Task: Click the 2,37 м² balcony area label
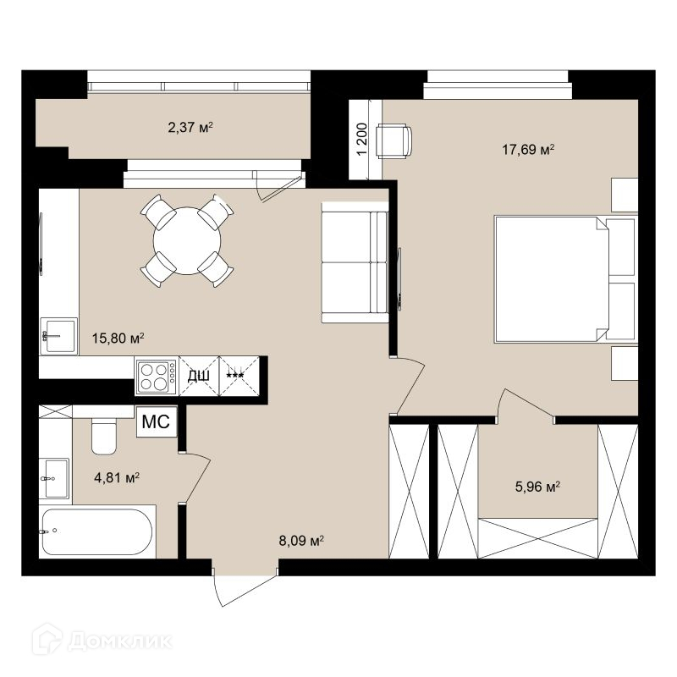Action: [x=190, y=128]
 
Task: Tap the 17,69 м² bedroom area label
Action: [x=528, y=150]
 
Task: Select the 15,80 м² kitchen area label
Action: [x=118, y=338]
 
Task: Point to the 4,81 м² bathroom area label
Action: [x=117, y=477]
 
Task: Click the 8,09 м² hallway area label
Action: [x=301, y=541]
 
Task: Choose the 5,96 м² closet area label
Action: [x=537, y=487]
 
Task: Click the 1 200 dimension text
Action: [x=362, y=140]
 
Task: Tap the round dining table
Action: [x=187, y=240]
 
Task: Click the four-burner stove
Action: [x=157, y=376]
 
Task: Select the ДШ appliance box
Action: [x=199, y=376]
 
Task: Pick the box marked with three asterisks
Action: [x=239, y=376]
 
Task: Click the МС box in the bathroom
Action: [x=157, y=421]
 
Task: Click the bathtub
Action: [x=97, y=531]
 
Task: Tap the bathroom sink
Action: [x=55, y=478]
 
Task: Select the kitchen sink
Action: [x=58, y=336]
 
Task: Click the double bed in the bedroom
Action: [x=565, y=279]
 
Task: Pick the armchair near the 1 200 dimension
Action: [x=394, y=140]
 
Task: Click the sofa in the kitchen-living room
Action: [x=355, y=262]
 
